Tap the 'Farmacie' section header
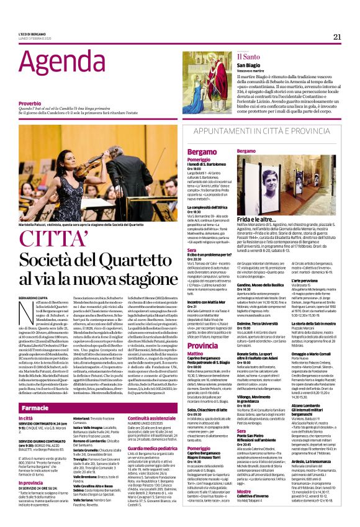coord(35,408)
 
